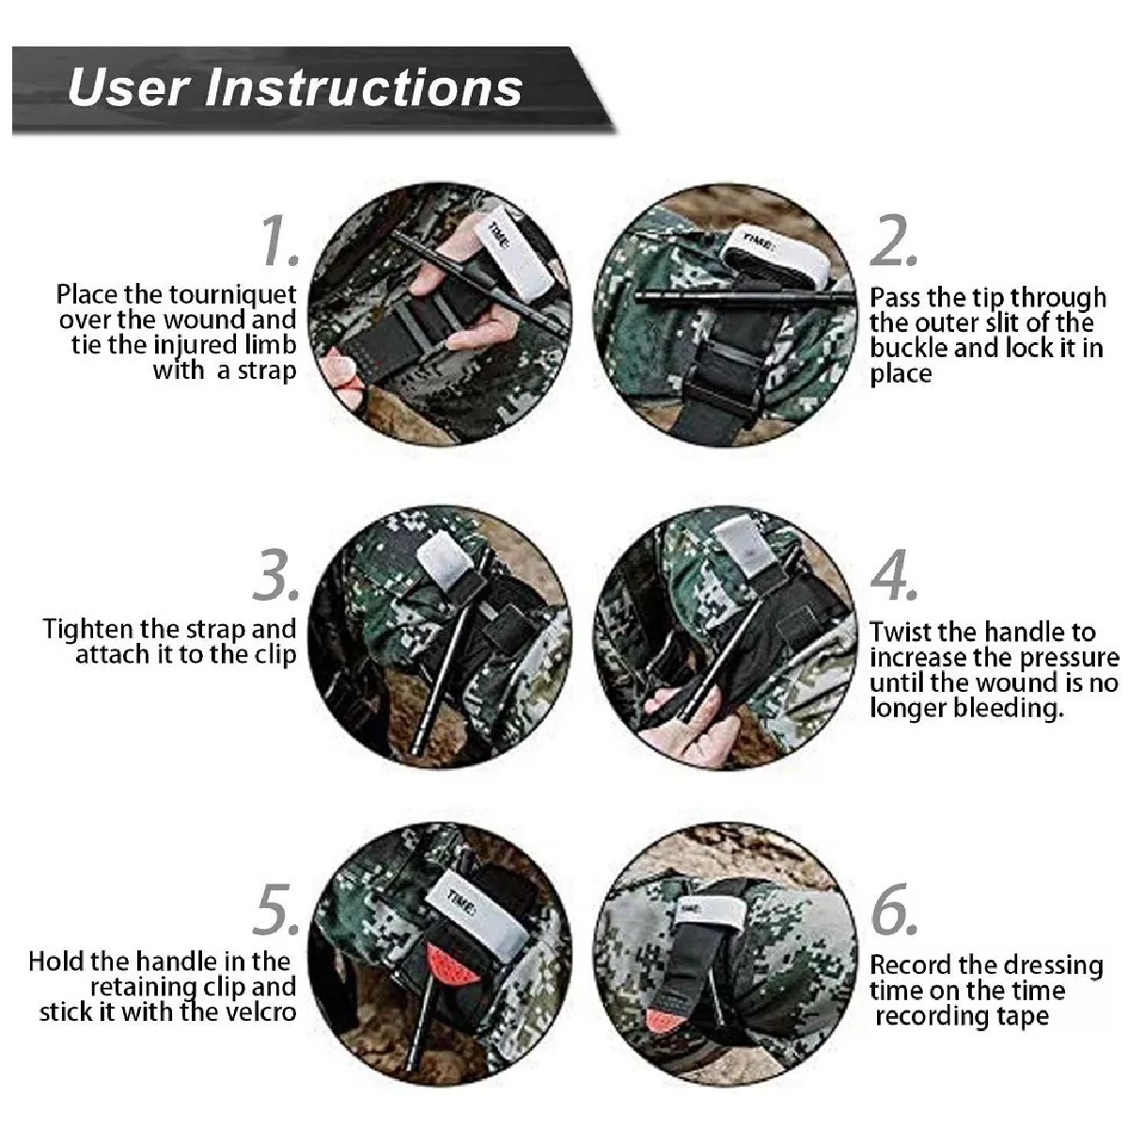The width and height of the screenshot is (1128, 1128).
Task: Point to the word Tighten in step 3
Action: [x=89, y=628]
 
